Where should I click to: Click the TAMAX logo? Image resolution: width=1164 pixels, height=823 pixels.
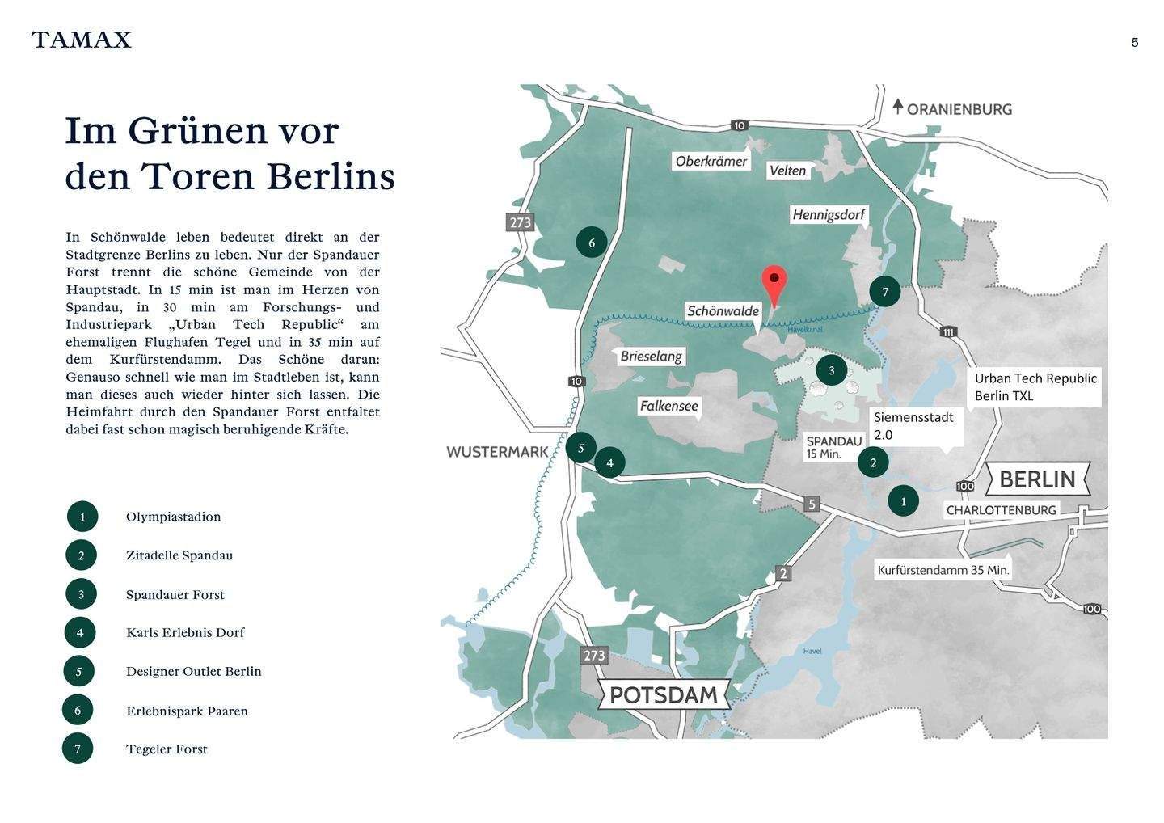[81, 40]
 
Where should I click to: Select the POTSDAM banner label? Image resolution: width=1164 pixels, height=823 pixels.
[663, 694]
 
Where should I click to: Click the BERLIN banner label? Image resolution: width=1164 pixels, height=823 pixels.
[1037, 479]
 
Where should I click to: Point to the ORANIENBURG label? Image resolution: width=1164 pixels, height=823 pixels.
[959, 109]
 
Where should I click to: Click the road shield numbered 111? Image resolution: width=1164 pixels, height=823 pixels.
[948, 331]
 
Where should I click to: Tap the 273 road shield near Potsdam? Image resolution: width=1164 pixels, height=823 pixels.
[593, 655]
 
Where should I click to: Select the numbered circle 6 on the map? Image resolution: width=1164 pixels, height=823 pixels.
[592, 243]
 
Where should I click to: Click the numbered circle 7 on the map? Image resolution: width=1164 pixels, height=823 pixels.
[885, 292]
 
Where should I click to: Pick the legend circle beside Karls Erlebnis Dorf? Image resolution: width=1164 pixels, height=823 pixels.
[80, 632]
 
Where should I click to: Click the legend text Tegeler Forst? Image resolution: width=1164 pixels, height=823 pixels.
[167, 749]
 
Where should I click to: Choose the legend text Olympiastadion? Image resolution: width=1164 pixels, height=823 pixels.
[173, 517]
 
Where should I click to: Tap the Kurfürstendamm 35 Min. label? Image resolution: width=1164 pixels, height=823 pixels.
[943, 570]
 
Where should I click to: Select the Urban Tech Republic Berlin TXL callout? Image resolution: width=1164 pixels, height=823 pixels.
[1035, 386]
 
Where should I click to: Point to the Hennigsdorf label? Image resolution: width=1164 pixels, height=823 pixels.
[829, 214]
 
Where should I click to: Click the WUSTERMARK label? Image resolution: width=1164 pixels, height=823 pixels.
[497, 452]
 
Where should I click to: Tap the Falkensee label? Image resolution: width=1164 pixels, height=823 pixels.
[668, 406]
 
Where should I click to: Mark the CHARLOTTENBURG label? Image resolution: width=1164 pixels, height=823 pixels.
[1001, 510]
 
